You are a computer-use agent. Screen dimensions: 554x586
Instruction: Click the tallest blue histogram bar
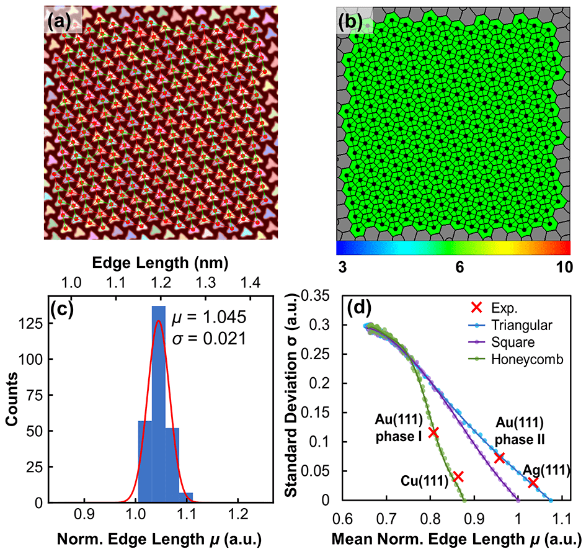coord(159,403)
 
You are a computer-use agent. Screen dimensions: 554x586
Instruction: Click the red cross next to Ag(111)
coord(532,482)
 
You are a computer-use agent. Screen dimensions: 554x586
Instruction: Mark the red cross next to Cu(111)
coord(458,476)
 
